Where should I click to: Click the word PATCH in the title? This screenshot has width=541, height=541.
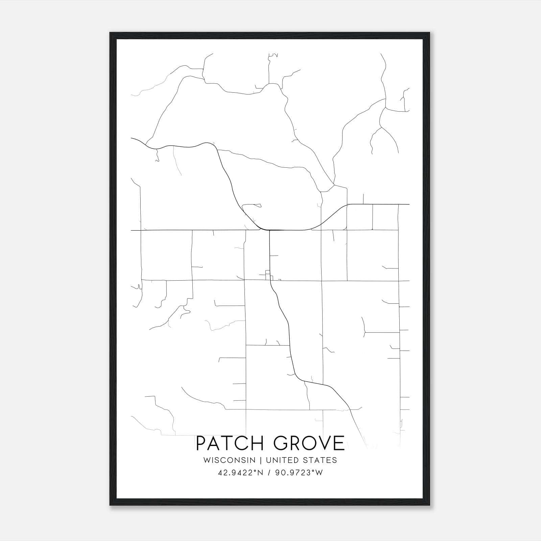[x=232, y=443]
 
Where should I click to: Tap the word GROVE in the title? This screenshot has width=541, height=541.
[x=309, y=443]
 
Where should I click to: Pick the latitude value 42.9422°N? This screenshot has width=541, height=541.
[x=240, y=473]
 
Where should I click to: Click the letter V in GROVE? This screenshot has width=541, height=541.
[x=321, y=443]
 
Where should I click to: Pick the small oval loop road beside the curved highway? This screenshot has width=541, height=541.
[x=253, y=205]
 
